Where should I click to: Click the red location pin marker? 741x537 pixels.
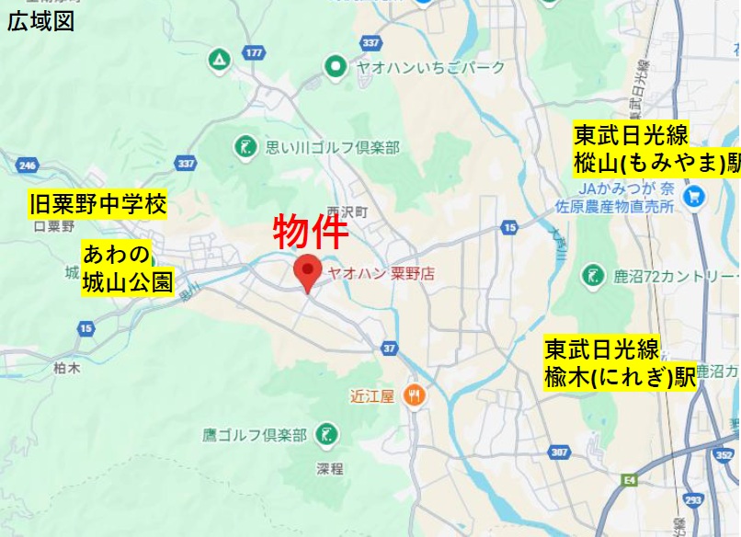[307, 271]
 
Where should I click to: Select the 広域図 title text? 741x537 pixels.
[40, 22]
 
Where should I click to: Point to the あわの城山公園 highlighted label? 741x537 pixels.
[127, 268]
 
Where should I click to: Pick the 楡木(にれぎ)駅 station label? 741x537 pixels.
[620, 364]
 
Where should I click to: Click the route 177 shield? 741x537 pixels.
[255, 53]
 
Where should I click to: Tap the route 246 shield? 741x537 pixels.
[27, 166]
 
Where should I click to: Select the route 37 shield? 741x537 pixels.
[389, 348]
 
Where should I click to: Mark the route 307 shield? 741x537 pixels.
[560, 452]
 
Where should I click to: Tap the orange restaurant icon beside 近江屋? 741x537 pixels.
[416, 396]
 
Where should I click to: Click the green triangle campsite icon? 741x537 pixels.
[219, 62]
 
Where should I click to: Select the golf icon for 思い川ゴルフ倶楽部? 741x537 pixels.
[245, 145]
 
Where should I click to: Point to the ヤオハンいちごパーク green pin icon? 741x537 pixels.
[336, 66]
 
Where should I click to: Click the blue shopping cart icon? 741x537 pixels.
[695, 196]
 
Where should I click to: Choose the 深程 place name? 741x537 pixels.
[329, 469]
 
